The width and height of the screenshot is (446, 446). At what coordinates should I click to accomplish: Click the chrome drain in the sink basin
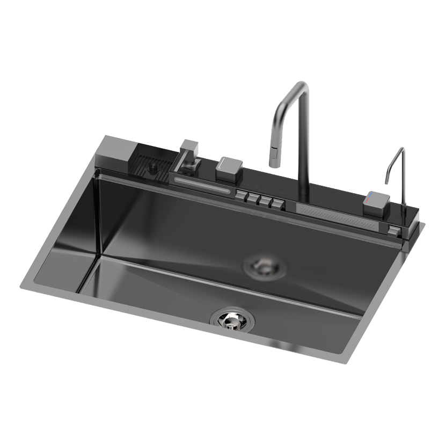coord(232,319)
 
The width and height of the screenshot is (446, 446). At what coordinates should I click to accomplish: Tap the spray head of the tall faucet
coord(274,157)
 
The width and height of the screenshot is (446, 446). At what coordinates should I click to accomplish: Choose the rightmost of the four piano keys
coord(276,204)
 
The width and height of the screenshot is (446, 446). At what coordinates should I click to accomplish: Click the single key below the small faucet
coord(393,231)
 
